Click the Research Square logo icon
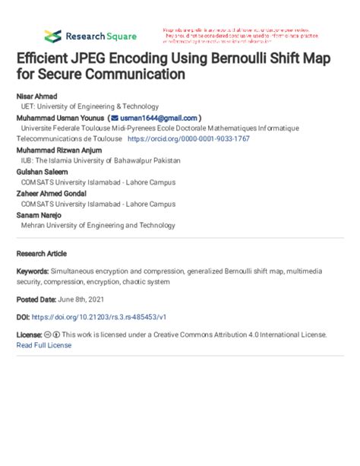tap(52, 36)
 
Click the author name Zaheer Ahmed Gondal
tap(52, 194)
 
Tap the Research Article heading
tap(43, 250)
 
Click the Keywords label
tap(33, 271)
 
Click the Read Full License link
tap(44, 344)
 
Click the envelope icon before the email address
tap(114, 119)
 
